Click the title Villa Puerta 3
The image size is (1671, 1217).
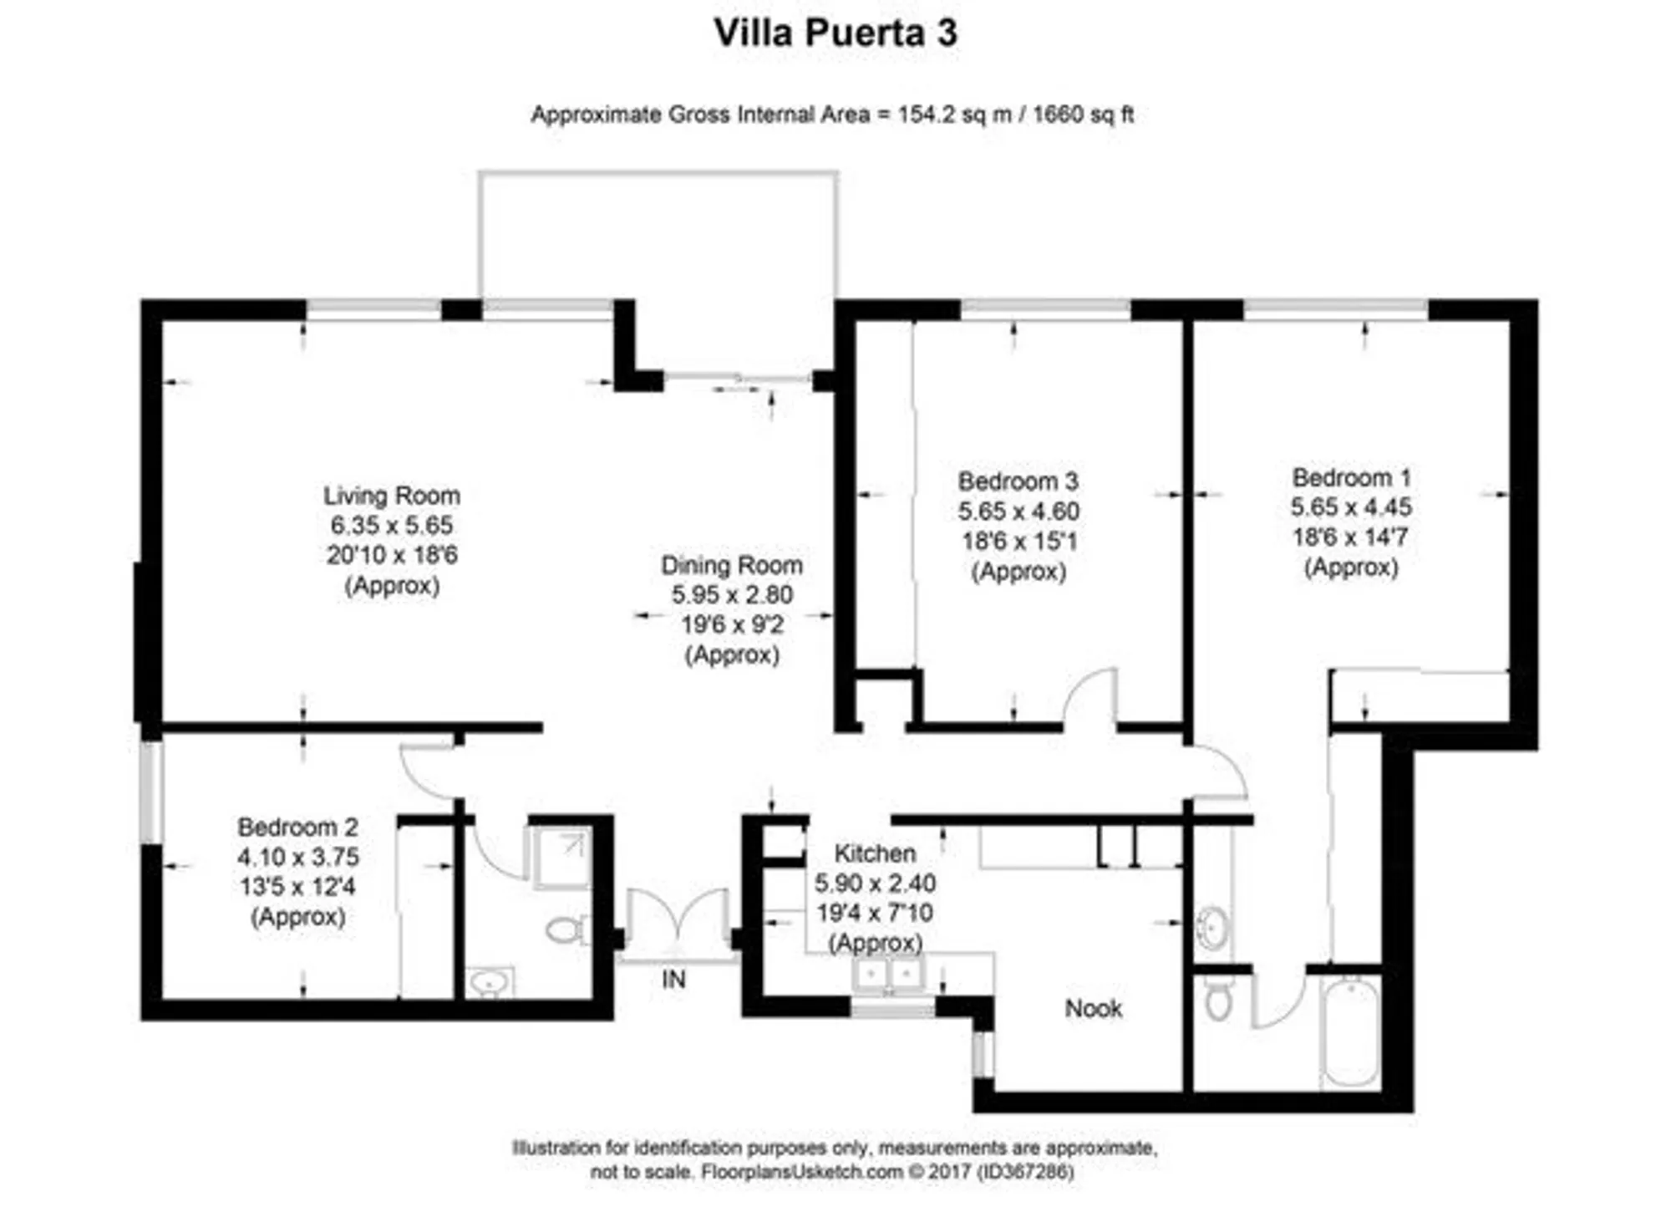[835, 33]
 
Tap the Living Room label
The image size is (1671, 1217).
[391, 496]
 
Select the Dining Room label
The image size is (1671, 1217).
[732, 565]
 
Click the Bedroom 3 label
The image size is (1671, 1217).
[1018, 481]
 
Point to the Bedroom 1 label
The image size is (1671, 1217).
[1351, 477]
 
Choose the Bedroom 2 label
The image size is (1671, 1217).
[297, 827]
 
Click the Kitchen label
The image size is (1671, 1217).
[875, 853]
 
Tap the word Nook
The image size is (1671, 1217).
[1093, 1009]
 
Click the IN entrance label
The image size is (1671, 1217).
[673, 980]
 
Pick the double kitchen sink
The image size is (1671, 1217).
[887, 975]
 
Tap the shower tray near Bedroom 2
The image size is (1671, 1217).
[561, 857]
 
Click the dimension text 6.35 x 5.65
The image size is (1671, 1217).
[391, 525]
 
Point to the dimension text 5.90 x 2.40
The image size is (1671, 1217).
[875, 883]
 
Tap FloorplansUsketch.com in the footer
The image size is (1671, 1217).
[801, 1172]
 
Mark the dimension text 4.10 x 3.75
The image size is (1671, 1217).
[297, 857]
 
